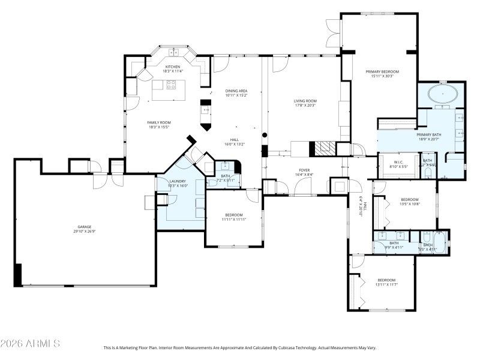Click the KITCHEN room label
173,67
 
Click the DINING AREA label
236,91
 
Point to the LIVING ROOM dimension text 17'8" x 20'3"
305,106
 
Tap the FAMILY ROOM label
159,122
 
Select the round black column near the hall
265,133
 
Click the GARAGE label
84,227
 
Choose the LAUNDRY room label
178,181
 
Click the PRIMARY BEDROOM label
382,71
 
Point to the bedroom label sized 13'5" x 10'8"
410,199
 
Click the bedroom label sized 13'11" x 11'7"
386,280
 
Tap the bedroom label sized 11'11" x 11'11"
234,215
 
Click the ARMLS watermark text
30,344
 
